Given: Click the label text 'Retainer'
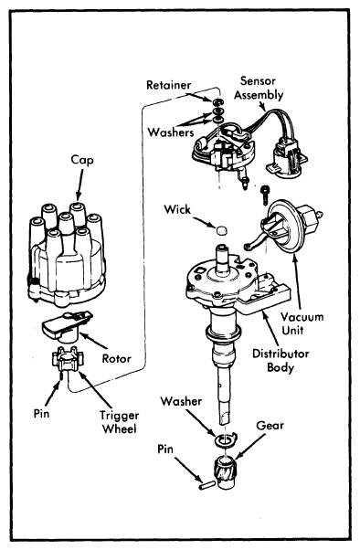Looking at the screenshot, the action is click(168, 85).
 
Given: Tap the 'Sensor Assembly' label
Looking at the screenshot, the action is click(259, 88).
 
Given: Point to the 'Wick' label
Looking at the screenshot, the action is click(177, 209).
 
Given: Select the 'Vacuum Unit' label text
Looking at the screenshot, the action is click(302, 323).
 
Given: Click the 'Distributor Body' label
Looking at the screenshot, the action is click(281, 360).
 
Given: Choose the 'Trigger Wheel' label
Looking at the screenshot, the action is click(120, 422).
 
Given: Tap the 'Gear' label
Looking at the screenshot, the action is click(270, 426).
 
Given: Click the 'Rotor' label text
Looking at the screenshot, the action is click(116, 358).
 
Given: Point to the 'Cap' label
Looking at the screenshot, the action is click(82, 160).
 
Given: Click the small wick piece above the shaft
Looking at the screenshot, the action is click(221, 230).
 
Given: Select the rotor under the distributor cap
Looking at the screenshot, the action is click(67, 325).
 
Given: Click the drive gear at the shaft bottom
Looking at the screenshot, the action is click(223, 473).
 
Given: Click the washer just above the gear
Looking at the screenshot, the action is click(226, 439).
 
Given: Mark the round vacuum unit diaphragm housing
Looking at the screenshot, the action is click(284, 226).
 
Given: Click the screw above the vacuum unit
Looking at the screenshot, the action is click(265, 196).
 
